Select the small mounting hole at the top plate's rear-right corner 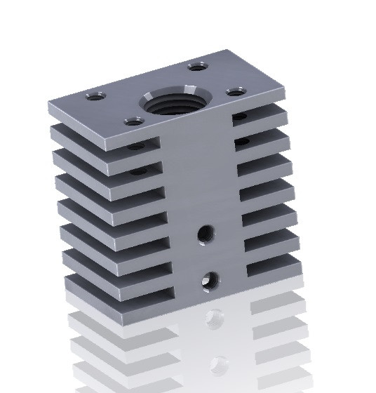pos(197,67)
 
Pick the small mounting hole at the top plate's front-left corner pos(134,121)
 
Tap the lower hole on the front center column pos(209,281)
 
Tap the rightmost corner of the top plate pos(287,91)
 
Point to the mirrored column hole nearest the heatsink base pos(215,319)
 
